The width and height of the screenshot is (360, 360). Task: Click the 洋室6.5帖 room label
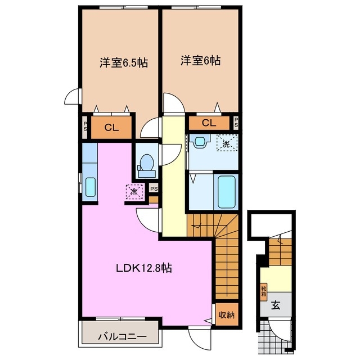click(x=124, y=63)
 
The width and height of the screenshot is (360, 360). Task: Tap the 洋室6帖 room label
click(x=201, y=60)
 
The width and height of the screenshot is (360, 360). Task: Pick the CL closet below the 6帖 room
click(x=209, y=123)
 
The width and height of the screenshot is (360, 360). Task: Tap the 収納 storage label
click(x=227, y=314)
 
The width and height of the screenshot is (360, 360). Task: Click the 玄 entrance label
click(x=276, y=305)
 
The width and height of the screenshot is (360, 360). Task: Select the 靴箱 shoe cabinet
click(x=263, y=291)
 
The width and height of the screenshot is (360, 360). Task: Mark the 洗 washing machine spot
click(x=226, y=143)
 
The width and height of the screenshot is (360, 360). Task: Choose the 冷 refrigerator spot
click(x=134, y=192)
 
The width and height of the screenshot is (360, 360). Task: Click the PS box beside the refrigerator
click(x=154, y=188)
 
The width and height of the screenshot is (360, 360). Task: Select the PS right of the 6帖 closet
click(x=235, y=122)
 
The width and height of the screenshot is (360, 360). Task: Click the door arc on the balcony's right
click(x=198, y=337)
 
